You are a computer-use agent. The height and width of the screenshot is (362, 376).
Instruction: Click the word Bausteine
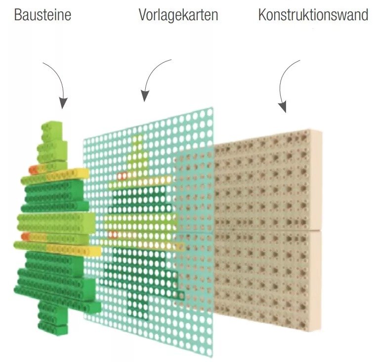click(42, 15)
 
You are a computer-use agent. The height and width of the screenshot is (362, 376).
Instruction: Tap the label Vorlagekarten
click(178, 15)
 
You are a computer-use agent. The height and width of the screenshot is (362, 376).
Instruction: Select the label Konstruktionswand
click(313, 15)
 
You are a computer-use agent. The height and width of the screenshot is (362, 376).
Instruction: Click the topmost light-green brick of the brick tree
click(52, 131)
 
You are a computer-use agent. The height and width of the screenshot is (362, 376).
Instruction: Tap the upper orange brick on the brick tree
click(33, 169)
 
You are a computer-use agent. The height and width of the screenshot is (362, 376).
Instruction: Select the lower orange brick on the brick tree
click(25, 236)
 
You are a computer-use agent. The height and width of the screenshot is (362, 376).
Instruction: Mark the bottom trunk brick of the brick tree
click(53, 328)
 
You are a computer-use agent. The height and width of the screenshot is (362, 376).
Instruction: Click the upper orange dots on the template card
click(122, 176)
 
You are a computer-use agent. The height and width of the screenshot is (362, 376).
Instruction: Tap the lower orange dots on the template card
click(114, 234)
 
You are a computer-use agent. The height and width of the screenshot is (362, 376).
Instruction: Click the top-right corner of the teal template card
click(212, 107)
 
